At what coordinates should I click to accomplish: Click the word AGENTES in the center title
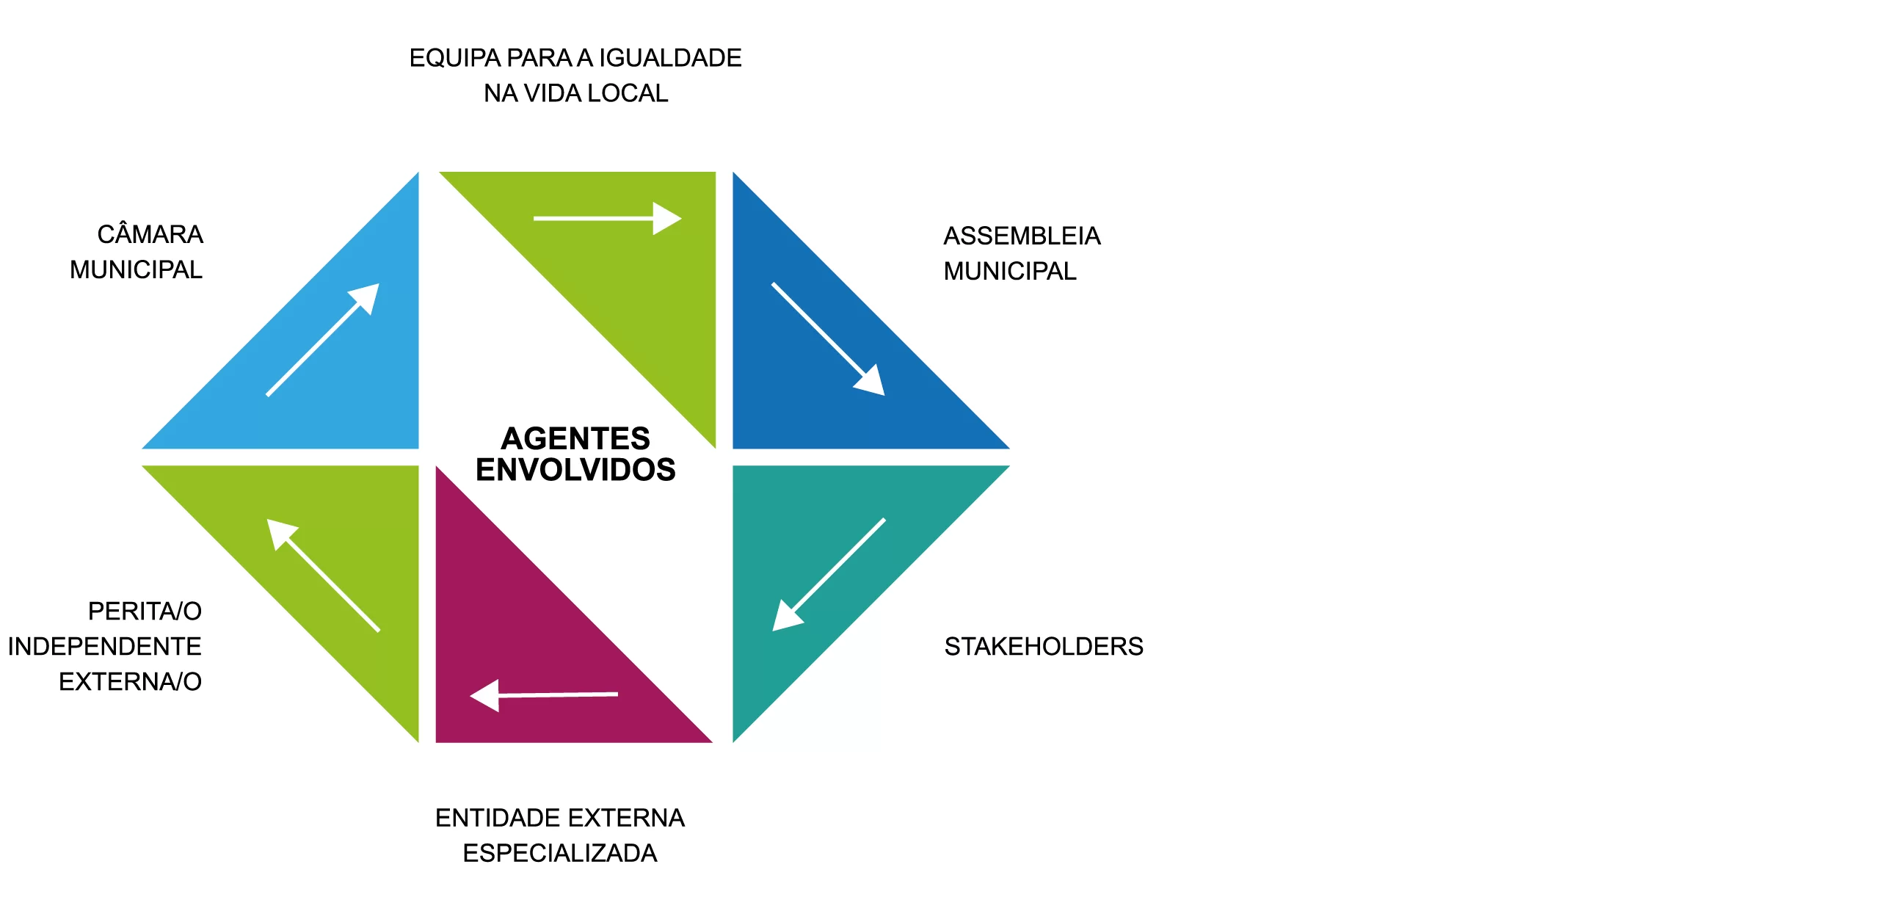pos(575,438)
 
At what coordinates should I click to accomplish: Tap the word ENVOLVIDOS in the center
pos(575,470)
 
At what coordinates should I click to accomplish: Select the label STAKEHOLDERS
pos(1043,646)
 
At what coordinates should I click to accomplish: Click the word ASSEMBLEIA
pos(1022,236)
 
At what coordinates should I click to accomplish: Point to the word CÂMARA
pos(150,234)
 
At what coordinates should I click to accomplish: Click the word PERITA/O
pos(145,611)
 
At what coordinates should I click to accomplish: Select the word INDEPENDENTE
pos(105,646)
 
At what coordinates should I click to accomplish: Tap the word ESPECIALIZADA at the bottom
pos(560,853)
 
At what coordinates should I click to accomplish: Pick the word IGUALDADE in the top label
pos(670,58)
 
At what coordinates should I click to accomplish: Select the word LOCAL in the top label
pos(628,93)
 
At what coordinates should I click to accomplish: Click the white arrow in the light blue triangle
pos(323,340)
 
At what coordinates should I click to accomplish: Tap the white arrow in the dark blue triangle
pos(828,339)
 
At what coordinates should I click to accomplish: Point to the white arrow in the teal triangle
pos(829,574)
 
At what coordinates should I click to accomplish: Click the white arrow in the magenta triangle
pos(544,694)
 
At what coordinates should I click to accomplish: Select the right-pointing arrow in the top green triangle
pos(607,218)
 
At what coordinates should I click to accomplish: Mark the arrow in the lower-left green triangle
pos(323,575)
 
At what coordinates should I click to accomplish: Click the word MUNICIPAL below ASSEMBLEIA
pos(1010,271)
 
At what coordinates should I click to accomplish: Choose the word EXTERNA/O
pos(130,681)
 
